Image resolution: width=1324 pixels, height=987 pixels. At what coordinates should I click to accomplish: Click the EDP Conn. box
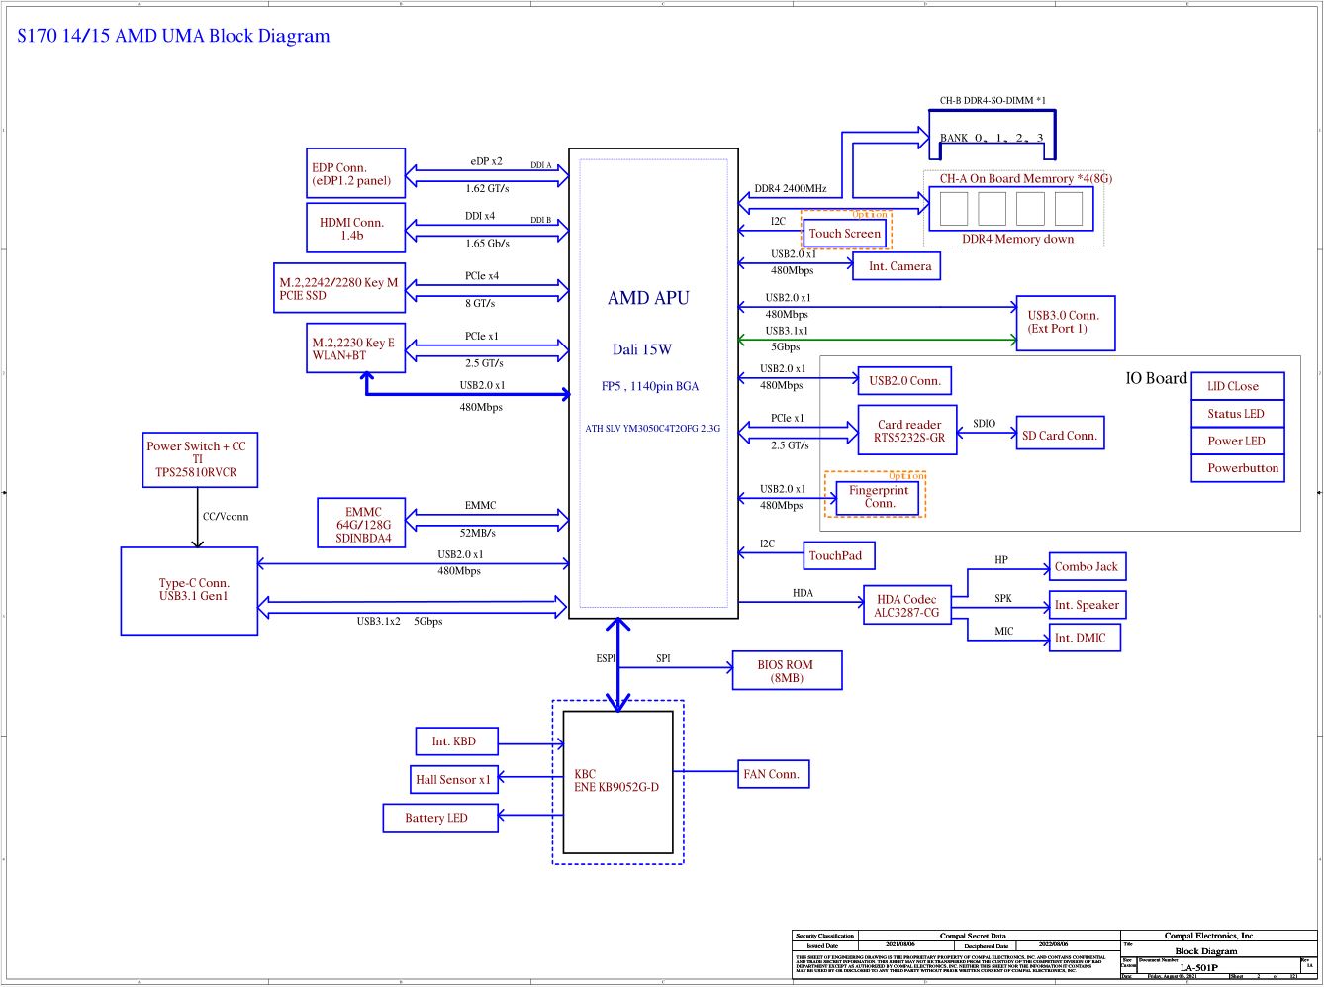click(355, 174)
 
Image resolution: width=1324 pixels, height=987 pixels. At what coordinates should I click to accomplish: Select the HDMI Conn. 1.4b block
click(355, 229)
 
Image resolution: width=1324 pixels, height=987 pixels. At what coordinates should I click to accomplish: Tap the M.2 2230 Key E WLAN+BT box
click(355, 348)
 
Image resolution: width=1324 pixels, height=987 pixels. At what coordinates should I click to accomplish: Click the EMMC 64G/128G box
click(363, 525)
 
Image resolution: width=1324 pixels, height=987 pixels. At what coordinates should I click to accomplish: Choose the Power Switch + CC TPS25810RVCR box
click(200, 459)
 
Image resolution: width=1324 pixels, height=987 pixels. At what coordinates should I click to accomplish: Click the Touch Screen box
click(844, 234)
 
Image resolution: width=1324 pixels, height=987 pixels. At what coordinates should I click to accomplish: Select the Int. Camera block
click(897, 266)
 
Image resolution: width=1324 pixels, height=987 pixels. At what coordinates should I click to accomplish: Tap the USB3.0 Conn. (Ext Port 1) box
click(1065, 323)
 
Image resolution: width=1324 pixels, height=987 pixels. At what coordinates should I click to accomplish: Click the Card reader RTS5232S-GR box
click(907, 431)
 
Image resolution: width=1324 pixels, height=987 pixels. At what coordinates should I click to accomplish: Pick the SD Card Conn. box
click(1060, 436)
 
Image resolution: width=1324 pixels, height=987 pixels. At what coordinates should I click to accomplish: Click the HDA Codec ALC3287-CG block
click(906, 606)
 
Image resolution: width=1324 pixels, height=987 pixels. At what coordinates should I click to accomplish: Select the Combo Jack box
click(1087, 567)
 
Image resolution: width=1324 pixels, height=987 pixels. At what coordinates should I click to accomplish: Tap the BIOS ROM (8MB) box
click(786, 671)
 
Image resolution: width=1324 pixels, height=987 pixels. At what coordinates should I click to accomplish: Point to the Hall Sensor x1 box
click(453, 780)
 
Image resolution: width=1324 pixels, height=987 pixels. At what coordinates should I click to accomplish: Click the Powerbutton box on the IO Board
click(1238, 468)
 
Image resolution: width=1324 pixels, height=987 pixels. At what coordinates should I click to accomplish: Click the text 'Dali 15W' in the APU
click(641, 349)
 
